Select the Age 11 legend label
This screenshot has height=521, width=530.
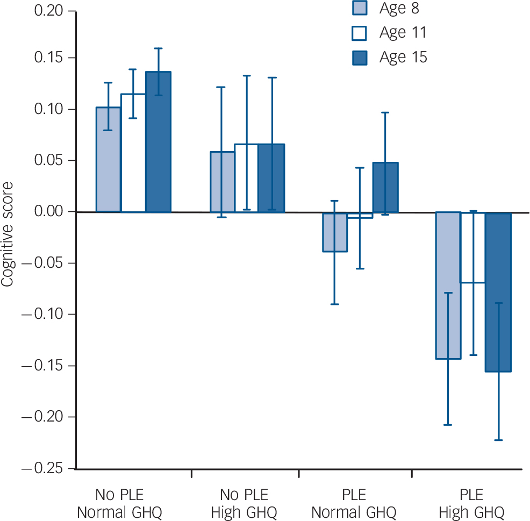403,33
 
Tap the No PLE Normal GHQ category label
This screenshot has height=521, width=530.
119,503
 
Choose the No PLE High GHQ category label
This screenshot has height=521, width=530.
244,503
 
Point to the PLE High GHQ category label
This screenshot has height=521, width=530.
472,503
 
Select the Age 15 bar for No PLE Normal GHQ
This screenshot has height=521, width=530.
158,142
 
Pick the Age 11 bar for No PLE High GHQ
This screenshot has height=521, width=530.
246,177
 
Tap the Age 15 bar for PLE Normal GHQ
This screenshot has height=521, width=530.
385,187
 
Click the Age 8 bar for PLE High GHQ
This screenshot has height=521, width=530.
448,285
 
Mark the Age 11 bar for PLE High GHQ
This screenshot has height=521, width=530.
473,247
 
